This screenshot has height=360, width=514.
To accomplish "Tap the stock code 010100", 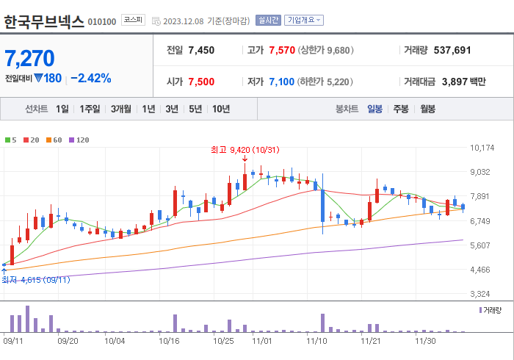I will click(x=101, y=22).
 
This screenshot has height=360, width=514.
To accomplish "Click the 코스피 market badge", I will click(x=133, y=20).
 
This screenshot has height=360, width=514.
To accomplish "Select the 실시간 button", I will click(x=268, y=21).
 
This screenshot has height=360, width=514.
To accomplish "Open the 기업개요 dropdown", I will click(x=303, y=21).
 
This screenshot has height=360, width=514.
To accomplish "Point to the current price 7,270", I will click(x=29, y=58).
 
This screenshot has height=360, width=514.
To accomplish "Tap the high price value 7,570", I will click(x=282, y=50).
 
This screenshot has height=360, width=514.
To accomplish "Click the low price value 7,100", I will click(x=281, y=82).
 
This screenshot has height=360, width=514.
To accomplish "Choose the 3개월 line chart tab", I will click(x=121, y=109).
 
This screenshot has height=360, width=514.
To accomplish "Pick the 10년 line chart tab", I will click(x=220, y=109).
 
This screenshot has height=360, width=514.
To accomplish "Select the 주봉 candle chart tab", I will click(x=400, y=109).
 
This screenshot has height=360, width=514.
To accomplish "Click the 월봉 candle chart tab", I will click(x=427, y=109).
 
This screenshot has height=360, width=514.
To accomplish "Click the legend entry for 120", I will click(x=79, y=140).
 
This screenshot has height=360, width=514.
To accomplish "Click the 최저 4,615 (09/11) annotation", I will click(x=35, y=280).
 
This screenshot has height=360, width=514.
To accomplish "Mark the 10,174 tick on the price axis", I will click(x=482, y=148).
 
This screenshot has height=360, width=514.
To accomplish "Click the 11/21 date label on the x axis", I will click(x=369, y=341).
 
